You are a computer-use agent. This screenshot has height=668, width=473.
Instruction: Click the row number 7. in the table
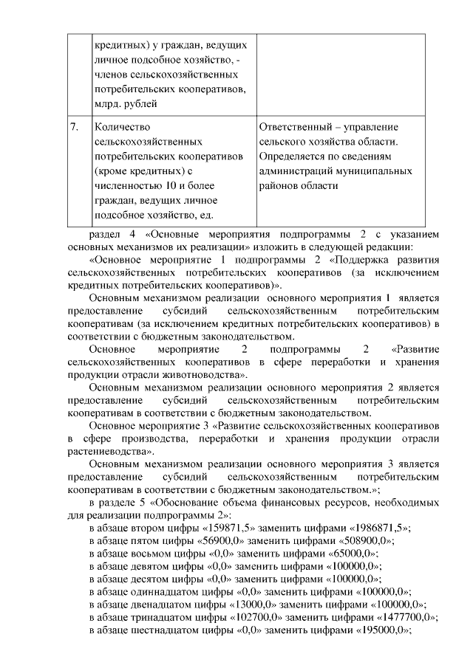(75, 127)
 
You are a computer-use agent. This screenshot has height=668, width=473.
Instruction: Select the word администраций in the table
(296, 171)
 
